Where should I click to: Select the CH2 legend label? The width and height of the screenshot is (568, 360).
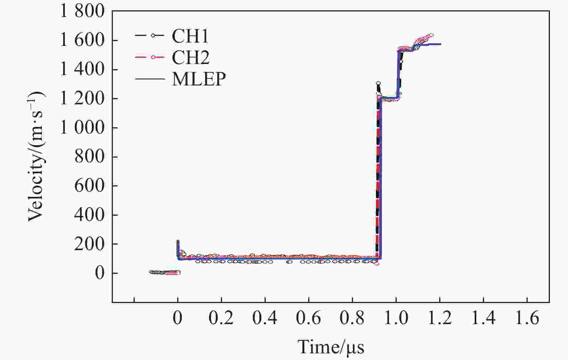(191, 57)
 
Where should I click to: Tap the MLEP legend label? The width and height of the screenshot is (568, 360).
(199, 79)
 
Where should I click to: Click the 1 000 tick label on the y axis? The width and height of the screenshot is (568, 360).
(83, 128)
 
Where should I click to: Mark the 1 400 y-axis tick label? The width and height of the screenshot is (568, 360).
(83, 70)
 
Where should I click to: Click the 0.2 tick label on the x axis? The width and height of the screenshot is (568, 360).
(221, 318)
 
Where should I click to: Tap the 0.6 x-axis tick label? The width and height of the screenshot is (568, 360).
(308, 318)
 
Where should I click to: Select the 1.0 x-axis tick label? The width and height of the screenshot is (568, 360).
(396, 318)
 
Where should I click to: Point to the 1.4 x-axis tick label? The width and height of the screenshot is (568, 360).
(483, 318)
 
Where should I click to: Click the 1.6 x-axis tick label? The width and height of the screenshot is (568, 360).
(527, 318)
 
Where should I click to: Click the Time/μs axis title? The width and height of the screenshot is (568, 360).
(331, 347)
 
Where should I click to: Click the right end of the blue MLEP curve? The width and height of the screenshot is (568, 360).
(440, 44)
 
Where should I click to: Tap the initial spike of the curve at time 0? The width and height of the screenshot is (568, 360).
(178, 242)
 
